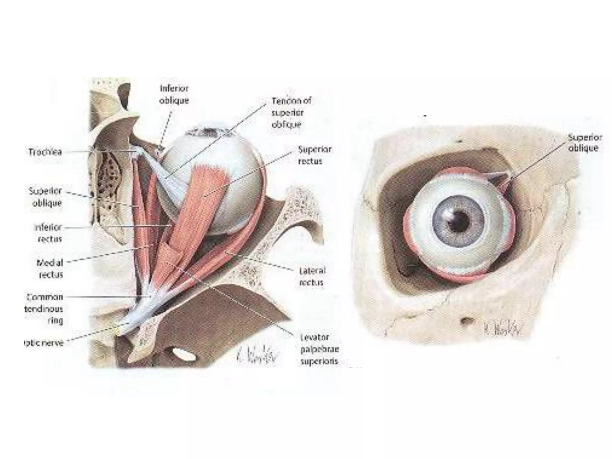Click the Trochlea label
click(x=45, y=152)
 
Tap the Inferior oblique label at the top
click(x=174, y=94)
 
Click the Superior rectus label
click(x=314, y=155)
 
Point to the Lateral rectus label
click(x=312, y=276)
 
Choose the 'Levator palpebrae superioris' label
click(x=319, y=349)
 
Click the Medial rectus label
click(x=50, y=268)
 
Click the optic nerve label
click(x=44, y=343)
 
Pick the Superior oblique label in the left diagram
click(x=45, y=197)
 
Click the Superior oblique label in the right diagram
click(x=585, y=143)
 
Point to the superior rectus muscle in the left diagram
click(x=203, y=197)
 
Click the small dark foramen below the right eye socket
click(x=466, y=321)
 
